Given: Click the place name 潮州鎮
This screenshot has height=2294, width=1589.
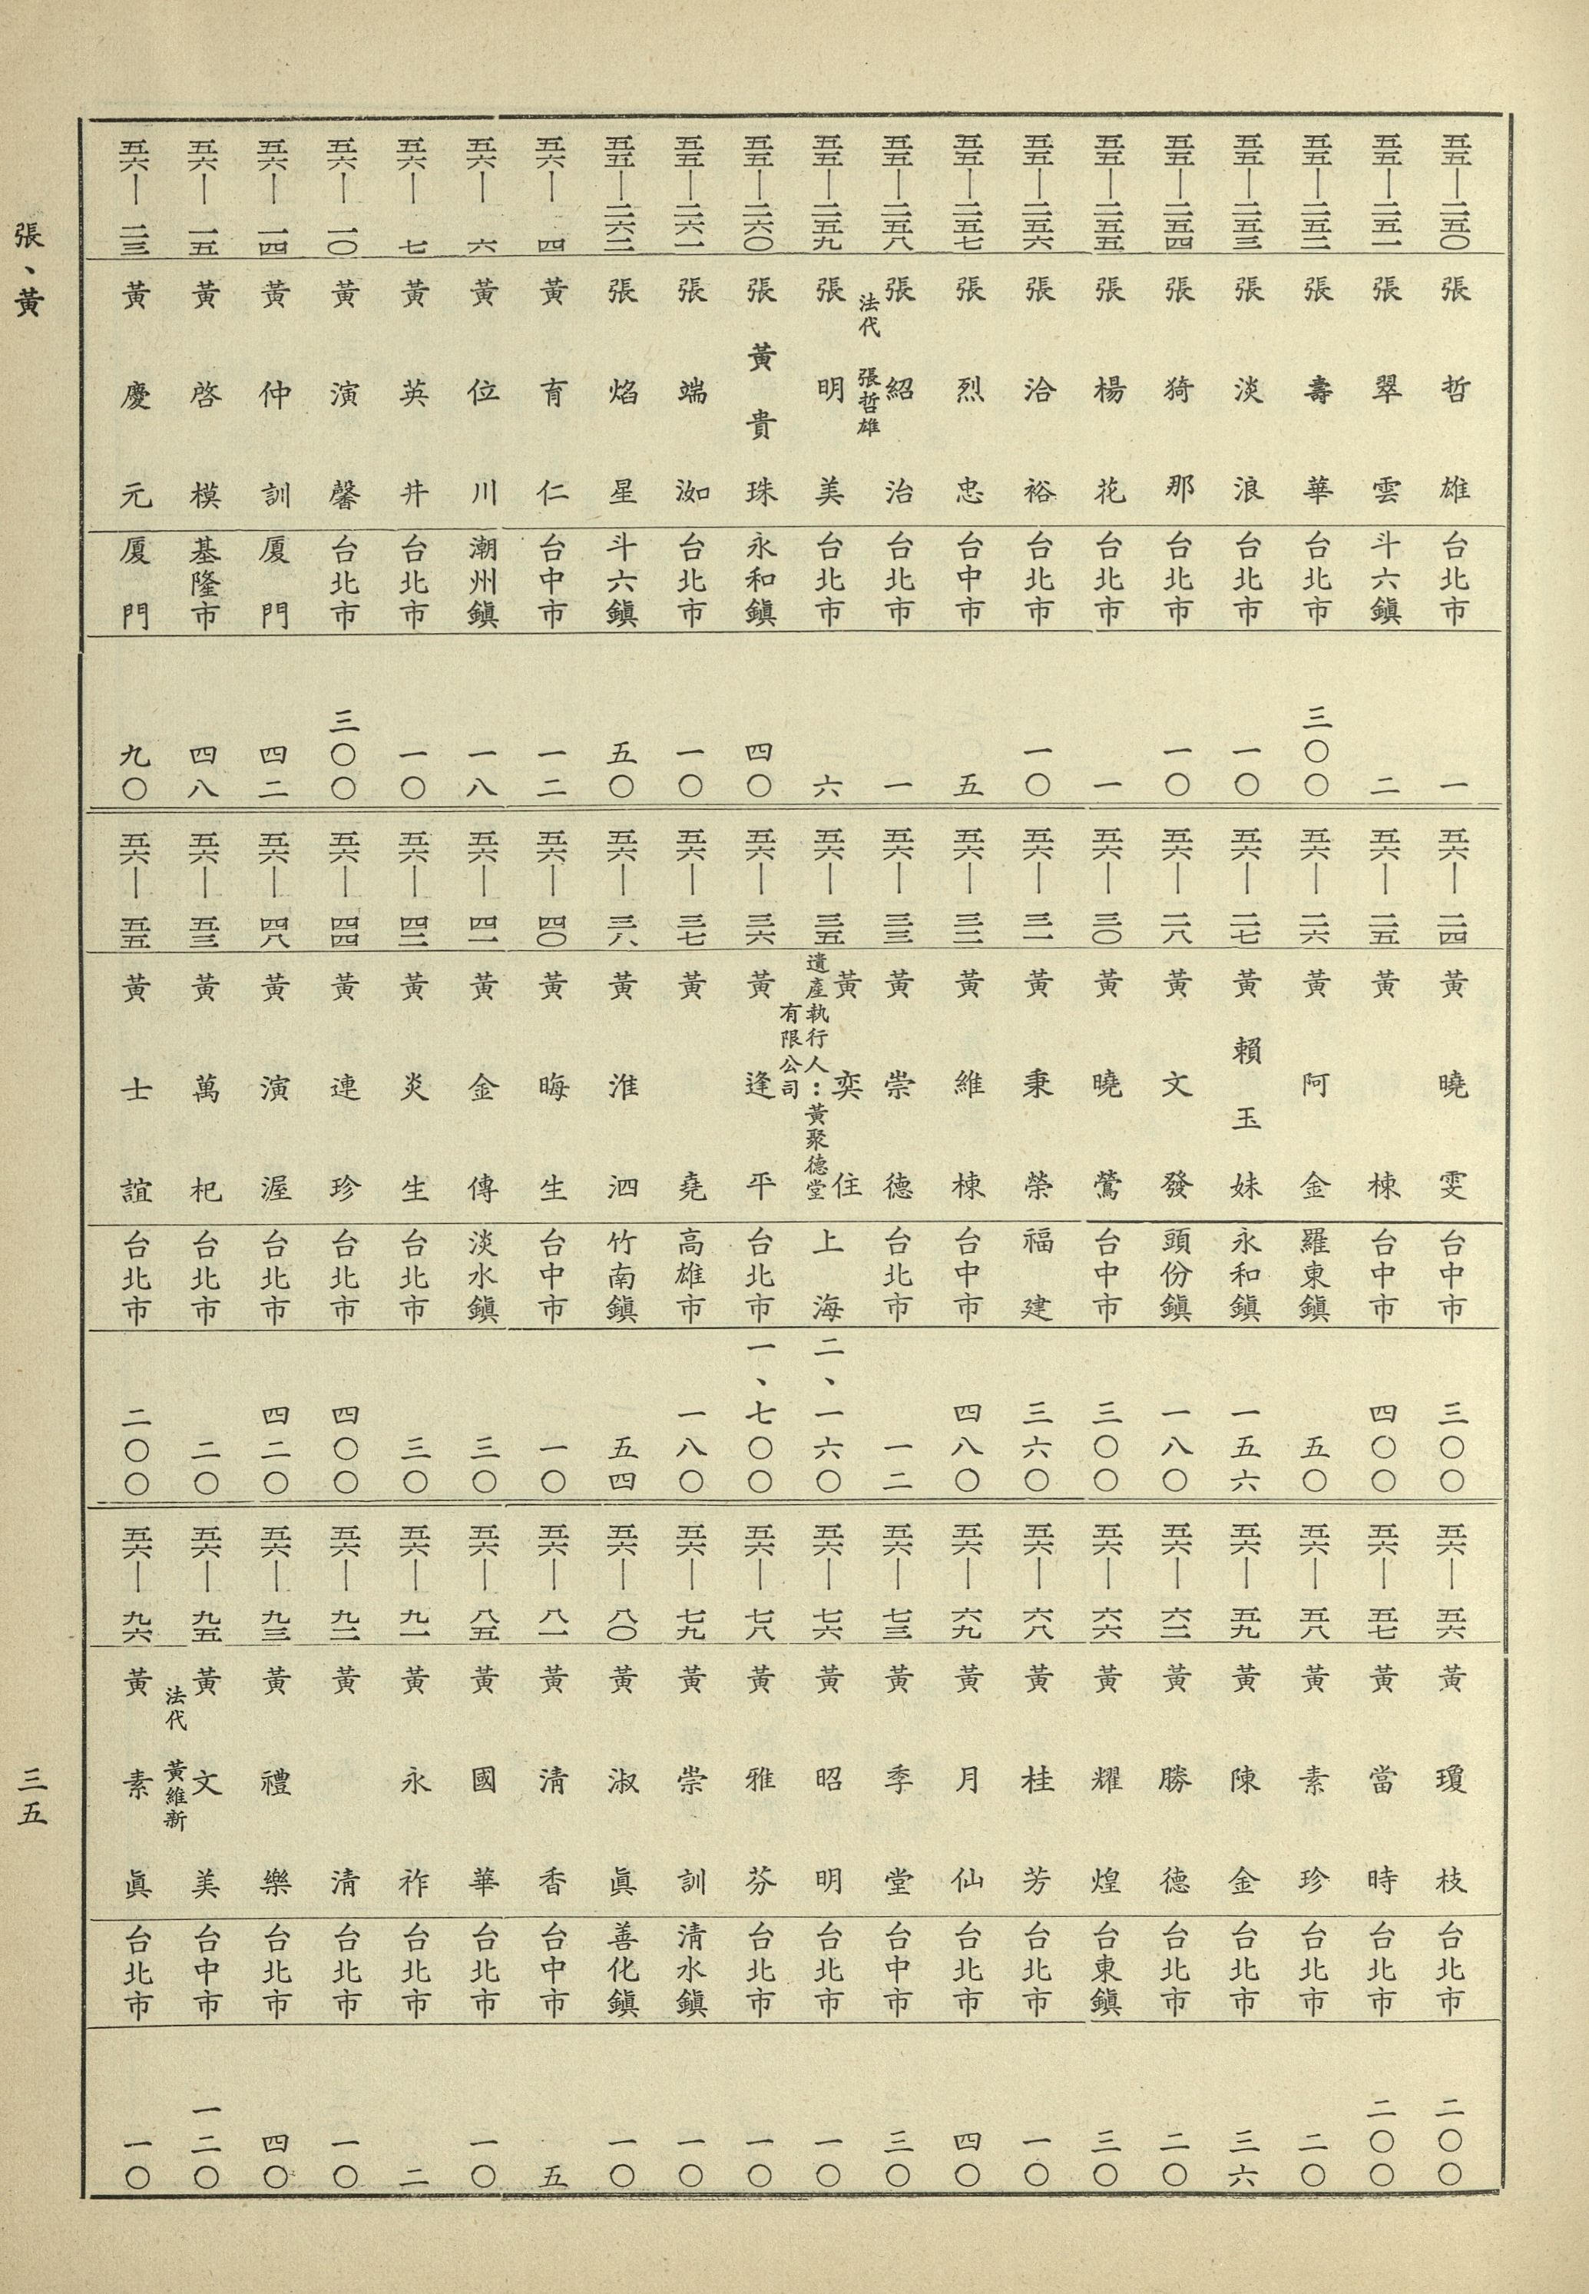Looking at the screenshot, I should [484, 579].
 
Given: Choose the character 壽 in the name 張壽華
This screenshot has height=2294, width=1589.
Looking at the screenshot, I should [1315, 390].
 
